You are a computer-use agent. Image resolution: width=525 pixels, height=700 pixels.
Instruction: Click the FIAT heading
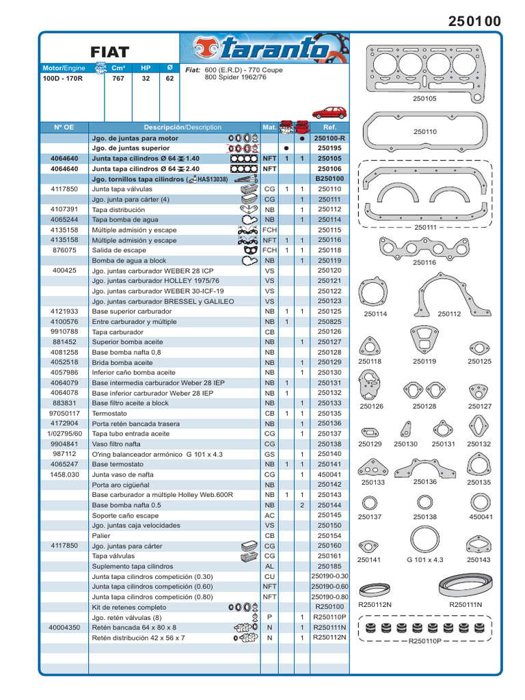click(x=109, y=51)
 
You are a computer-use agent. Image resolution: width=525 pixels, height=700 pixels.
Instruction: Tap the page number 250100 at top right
click(x=474, y=22)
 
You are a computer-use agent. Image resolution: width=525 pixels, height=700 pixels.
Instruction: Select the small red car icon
click(x=329, y=113)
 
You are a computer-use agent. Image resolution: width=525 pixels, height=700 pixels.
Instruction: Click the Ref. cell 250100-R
click(x=329, y=137)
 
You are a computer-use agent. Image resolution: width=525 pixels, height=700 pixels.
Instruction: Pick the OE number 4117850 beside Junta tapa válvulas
click(x=64, y=189)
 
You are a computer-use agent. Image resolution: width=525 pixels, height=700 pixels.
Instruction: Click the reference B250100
click(x=329, y=178)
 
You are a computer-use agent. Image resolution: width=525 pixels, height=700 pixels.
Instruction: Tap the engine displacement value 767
click(x=118, y=79)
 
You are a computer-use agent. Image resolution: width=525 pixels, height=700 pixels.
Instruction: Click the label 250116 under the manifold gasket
click(x=425, y=262)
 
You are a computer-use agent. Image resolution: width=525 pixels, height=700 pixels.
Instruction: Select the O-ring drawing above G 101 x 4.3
click(x=425, y=540)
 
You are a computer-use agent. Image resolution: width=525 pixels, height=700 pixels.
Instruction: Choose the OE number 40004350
click(x=64, y=628)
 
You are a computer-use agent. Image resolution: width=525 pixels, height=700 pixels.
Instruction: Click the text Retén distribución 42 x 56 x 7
click(x=138, y=638)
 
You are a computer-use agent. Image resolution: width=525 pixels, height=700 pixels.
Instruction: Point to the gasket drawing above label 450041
click(x=481, y=504)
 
